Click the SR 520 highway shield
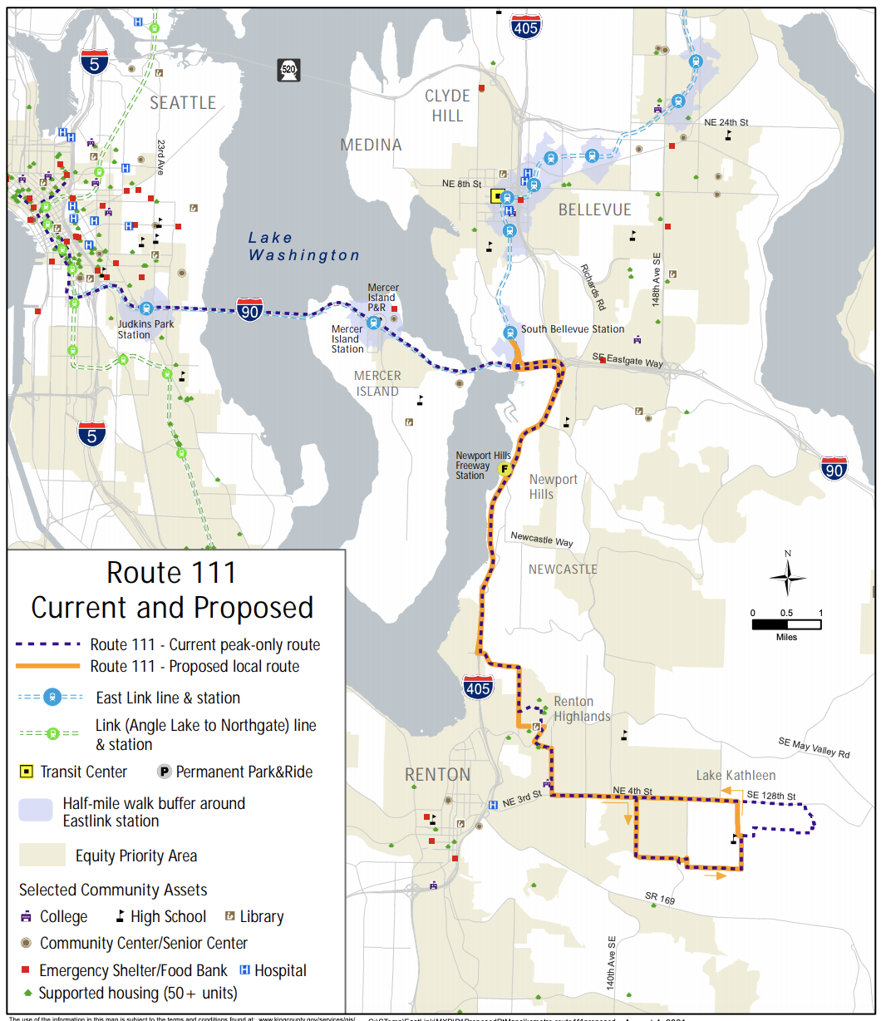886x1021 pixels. tap(288, 70)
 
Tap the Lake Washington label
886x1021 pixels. tap(303, 247)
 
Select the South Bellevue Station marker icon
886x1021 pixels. tap(510, 333)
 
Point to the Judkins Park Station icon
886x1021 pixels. tap(147, 308)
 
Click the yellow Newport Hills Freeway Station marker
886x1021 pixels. tap(505, 469)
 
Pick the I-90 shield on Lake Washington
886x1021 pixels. tap(249, 310)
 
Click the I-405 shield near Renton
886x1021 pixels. tap(478, 687)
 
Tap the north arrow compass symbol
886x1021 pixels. tap(787, 575)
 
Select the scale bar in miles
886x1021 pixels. tap(786, 624)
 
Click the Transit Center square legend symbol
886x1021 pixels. tap(27, 772)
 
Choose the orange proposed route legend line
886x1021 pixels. tap(47, 666)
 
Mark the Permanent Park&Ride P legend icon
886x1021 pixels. tap(165, 772)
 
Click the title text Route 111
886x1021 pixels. tap(171, 573)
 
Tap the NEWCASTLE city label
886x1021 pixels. tap(563, 570)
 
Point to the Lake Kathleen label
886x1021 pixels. tap(736, 775)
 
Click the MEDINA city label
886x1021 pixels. tap(371, 145)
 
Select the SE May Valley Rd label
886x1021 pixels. tap(814, 747)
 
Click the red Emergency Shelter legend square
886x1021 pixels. tap(25, 970)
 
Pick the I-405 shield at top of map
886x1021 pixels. tap(525, 27)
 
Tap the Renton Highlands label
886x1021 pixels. tap(582, 708)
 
